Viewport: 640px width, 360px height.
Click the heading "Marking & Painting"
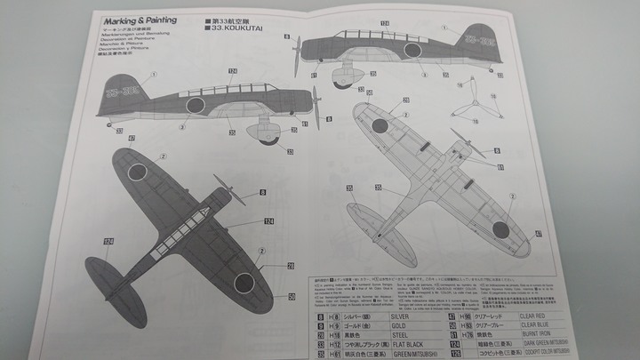pos(140,20)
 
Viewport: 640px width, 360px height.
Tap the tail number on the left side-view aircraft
pos(121,90)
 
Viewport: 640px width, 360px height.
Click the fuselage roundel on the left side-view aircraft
pos(195,105)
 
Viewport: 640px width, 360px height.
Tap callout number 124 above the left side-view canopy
pos(232,71)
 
